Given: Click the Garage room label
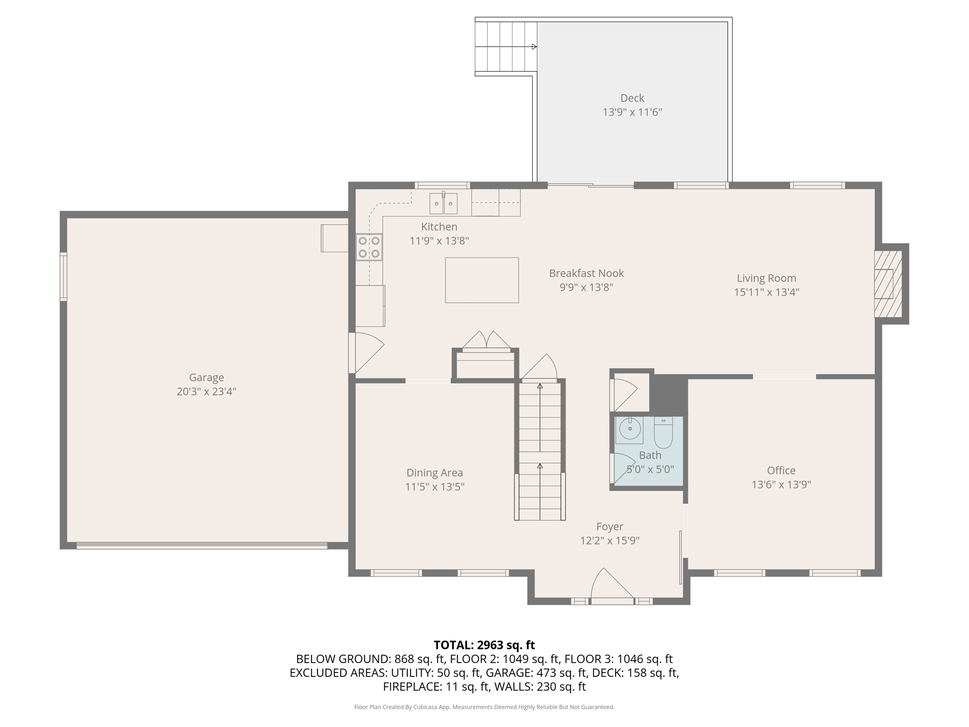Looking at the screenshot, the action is point(206,378).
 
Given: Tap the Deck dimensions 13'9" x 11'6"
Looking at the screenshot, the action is point(632,112).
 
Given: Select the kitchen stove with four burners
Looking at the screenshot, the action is point(369,247).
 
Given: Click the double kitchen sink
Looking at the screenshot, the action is point(443,204).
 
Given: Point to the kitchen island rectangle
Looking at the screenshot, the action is point(482,280).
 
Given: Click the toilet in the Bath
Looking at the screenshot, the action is point(663,433).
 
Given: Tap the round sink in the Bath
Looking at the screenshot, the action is point(629,430).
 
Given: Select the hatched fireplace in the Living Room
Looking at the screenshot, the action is point(888,284).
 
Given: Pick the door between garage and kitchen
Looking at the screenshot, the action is point(366,353).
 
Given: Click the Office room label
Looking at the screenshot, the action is point(781,470).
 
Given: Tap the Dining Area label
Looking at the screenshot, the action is point(435,473).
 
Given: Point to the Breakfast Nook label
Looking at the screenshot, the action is point(586,273).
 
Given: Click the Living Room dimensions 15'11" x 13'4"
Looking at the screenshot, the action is point(766,292).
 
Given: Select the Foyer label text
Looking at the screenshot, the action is point(610,526).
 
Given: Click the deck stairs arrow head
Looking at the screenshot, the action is point(534,46).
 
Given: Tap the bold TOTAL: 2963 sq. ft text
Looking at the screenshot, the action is point(484,645).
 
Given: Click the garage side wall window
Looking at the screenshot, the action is point(63,276).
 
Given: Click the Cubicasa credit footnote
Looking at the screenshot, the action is point(484,707).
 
